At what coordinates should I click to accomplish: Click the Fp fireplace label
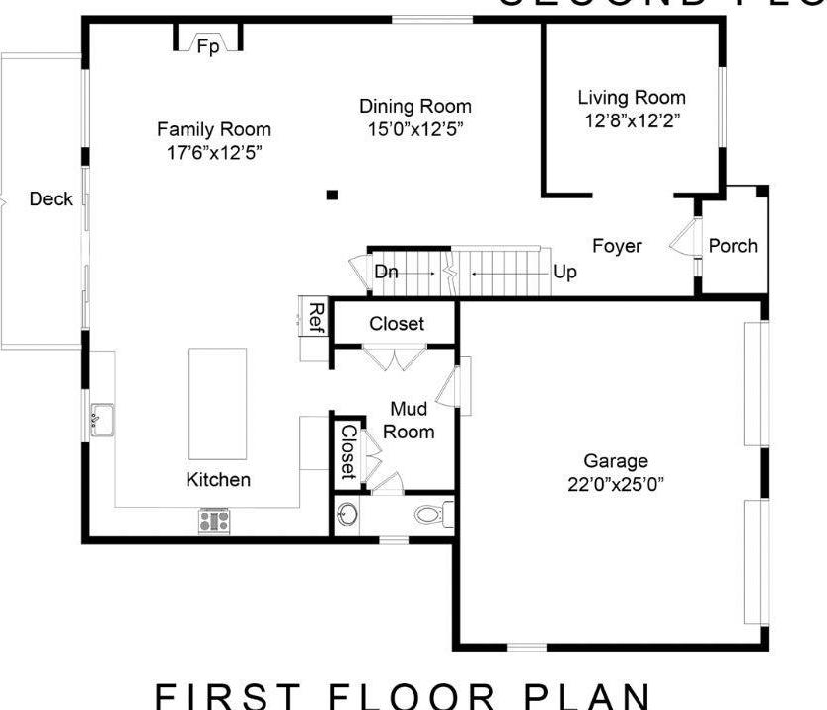[207, 46]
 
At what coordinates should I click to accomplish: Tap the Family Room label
[213, 129]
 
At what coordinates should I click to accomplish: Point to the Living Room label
[631, 98]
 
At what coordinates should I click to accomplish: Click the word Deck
[50, 199]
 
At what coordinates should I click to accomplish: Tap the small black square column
[334, 195]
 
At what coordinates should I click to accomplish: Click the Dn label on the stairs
[386, 272]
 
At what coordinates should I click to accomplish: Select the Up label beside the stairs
[564, 272]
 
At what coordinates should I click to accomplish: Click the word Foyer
[617, 246]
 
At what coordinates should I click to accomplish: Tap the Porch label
[733, 246]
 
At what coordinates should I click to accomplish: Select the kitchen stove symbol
[214, 521]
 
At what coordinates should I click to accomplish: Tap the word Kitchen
[218, 480]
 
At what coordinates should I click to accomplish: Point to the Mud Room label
[409, 420]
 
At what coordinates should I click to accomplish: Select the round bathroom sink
[347, 514]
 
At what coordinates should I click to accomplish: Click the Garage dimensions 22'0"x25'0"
[616, 484]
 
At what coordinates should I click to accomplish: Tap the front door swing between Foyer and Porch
[682, 239]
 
